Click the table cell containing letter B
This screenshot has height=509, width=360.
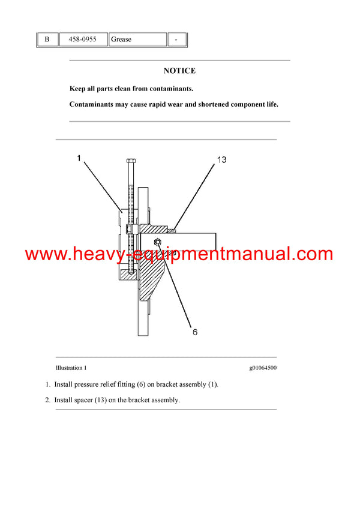coord(47,40)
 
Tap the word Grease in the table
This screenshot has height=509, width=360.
coord(121,40)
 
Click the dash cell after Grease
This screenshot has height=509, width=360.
coord(176,40)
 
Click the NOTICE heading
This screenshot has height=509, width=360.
coord(179,71)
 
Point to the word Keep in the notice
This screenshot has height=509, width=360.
coord(78,89)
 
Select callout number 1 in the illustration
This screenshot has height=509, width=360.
coord(79,158)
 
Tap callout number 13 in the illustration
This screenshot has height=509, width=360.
coord(221,160)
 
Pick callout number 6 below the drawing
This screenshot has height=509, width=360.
coord(195,332)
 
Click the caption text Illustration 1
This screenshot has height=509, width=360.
coord(71,368)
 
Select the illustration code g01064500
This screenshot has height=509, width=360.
coord(263,368)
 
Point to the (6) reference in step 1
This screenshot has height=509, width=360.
coord(152,384)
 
